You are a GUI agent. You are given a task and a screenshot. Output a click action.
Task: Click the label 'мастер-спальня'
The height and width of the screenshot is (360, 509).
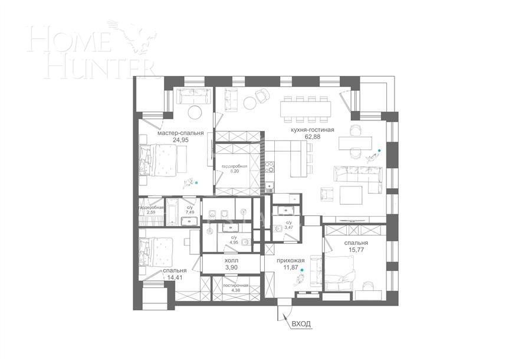180,133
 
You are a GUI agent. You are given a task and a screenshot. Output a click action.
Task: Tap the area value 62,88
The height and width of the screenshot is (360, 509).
312,137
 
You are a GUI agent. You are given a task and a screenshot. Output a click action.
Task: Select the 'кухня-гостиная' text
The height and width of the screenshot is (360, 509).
312,130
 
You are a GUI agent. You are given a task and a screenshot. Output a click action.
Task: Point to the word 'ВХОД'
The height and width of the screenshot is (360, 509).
301,323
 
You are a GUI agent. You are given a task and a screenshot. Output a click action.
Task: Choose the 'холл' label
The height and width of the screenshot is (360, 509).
232,260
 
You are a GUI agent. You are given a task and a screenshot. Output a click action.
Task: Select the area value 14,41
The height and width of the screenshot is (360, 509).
175,277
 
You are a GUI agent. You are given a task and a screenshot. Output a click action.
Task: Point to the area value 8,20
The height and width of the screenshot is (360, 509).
231,174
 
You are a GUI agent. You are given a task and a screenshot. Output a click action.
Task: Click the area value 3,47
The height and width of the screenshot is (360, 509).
289,227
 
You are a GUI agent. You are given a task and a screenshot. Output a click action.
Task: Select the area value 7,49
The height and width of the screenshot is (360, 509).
190,213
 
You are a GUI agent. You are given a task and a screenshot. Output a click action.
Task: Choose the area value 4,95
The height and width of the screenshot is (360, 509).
234,242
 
